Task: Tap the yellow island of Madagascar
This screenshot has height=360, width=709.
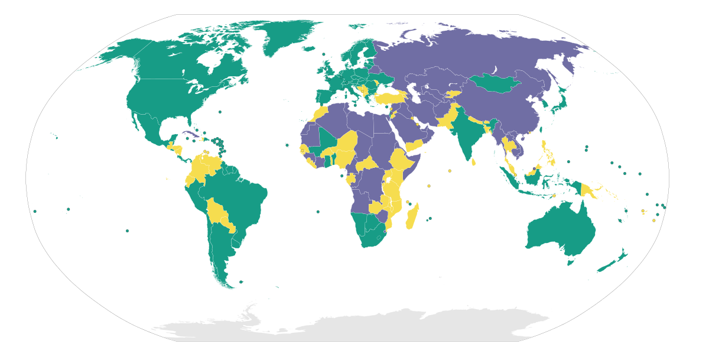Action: pyautogui.click(x=412, y=216)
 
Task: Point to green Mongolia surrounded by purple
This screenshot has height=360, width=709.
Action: pyautogui.click(x=493, y=83)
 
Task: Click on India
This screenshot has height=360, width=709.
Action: pyautogui.click(x=467, y=133)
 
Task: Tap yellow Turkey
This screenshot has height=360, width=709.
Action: pyautogui.click(x=390, y=96)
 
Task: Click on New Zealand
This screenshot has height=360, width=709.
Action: pyautogui.click(x=614, y=260)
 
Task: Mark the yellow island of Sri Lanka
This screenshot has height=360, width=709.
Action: pyautogui.click(x=473, y=161)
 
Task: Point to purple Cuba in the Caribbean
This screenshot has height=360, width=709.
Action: pyautogui.click(x=190, y=134)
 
